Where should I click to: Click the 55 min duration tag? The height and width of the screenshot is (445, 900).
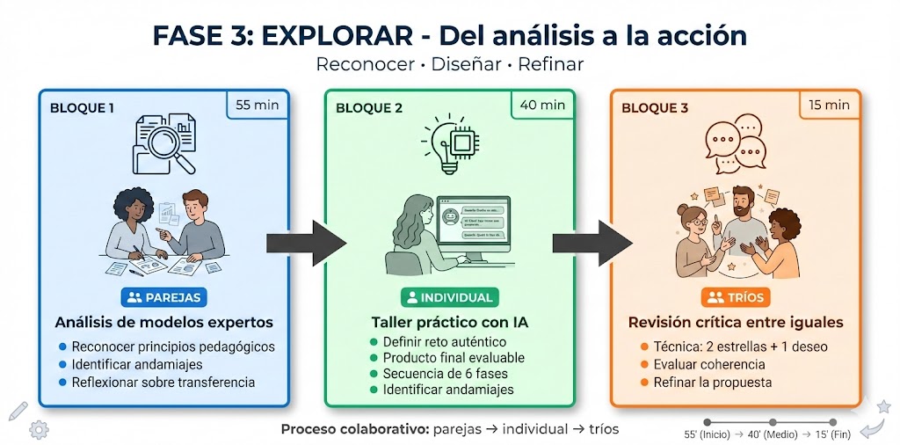(256, 106)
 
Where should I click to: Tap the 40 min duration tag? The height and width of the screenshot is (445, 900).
(541, 106)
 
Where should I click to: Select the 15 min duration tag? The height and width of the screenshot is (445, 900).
(828, 106)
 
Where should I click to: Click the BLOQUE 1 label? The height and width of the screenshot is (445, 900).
(82, 108)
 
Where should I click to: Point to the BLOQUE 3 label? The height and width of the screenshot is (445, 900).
(655, 108)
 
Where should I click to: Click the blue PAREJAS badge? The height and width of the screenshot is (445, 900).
(163, 297)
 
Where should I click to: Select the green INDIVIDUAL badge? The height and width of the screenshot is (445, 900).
(449, 297)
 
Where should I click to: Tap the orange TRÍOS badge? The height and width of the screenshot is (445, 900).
(736, 297)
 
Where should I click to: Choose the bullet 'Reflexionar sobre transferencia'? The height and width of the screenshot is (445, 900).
(163, 382)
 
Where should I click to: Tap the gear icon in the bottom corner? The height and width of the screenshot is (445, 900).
(38, 429)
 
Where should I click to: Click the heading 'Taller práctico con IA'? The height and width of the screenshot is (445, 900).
(449, 322)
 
